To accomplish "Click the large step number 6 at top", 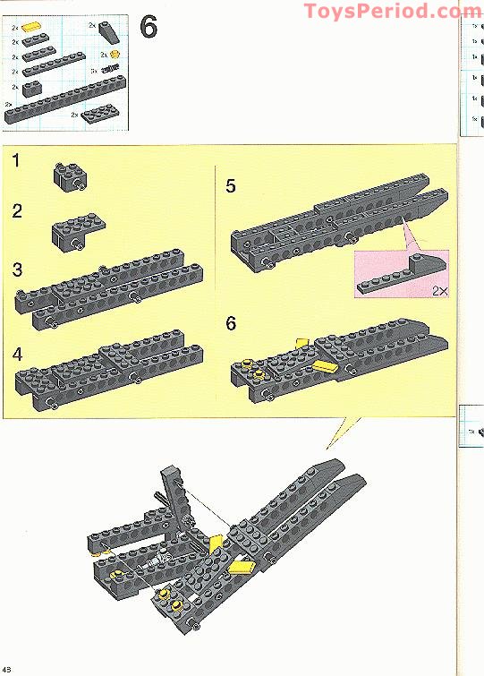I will click(x=149, y=28).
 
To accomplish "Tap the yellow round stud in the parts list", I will click(x=115, y=55).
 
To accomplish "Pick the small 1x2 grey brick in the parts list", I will click(x=32, y=87).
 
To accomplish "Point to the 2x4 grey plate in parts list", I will click(x=98, y=115).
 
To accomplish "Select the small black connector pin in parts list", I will click(x=110, y=69).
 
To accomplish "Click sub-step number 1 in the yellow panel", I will click(x=17, y=162).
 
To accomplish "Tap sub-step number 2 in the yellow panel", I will click(x=17, y=212).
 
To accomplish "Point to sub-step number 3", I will click(x=17, y=270).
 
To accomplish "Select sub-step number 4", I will click(x=17, y=353).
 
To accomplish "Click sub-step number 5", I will click(x=231, y=186).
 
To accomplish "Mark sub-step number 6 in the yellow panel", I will click(x=231, y=323).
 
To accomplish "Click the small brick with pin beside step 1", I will click(x=67, y=175).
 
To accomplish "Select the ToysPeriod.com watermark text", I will click(x=392, y=11).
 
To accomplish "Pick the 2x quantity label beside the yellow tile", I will click(x=15, y=29).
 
